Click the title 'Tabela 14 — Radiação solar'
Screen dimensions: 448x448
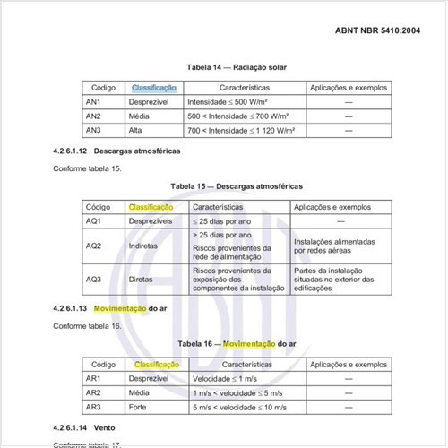pyautogui.click(x=236, y=67)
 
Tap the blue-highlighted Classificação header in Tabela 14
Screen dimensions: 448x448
pyautogui.click(x=153, y=88)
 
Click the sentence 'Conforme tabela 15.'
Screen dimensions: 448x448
pyautogui.click(x=87, y=168)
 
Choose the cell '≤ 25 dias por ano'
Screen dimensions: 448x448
pyautogui.click(x=220, y=220)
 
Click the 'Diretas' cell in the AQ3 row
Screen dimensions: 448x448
pyautogui.click(x=142, y=279)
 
